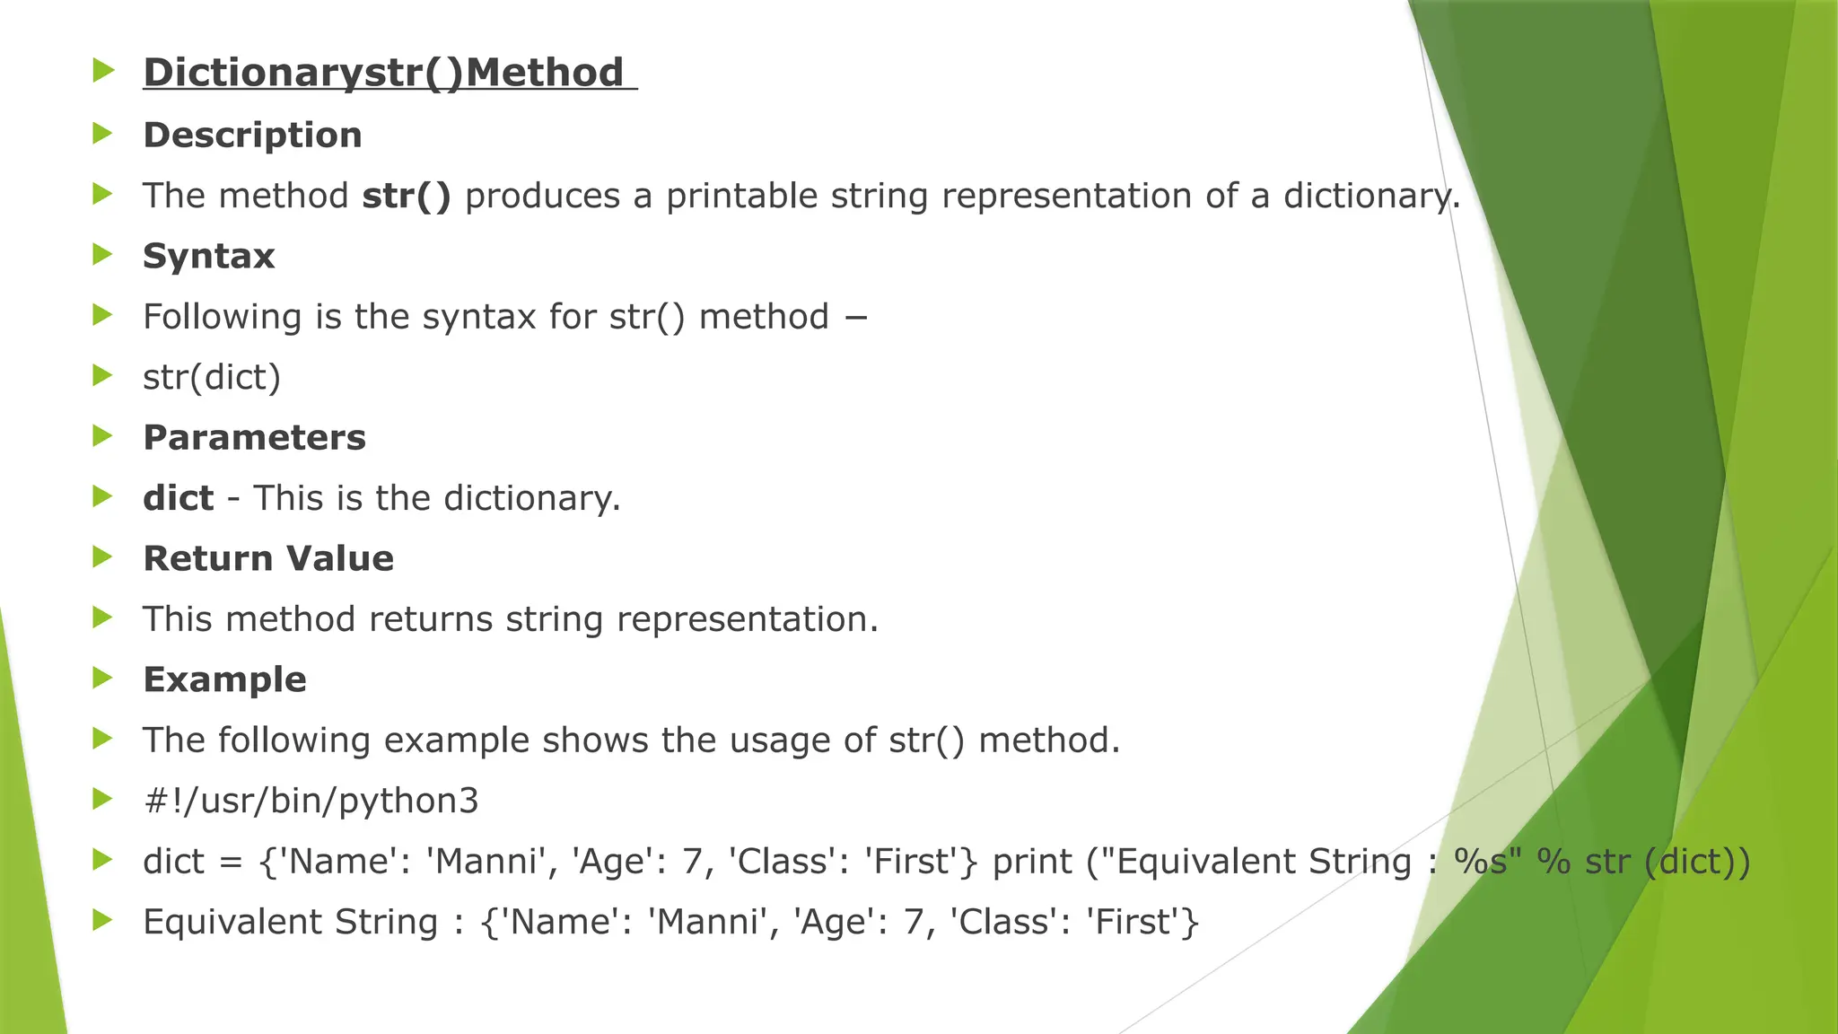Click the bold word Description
coord(252,135)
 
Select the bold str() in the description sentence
coord(407,196)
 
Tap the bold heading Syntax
coord(208,256)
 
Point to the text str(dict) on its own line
coord(212,377)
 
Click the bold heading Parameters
coord(254,437)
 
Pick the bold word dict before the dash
coord(178,498)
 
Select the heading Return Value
coord(268,558)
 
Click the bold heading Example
coord(224,679)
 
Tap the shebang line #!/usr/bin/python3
coord(311,801)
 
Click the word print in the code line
coord(1032,862)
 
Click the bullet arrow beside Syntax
coord(103,255)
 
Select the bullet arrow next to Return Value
coord(103,557)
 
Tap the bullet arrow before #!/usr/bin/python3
coord(103,799)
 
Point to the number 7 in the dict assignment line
coord(692,862)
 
